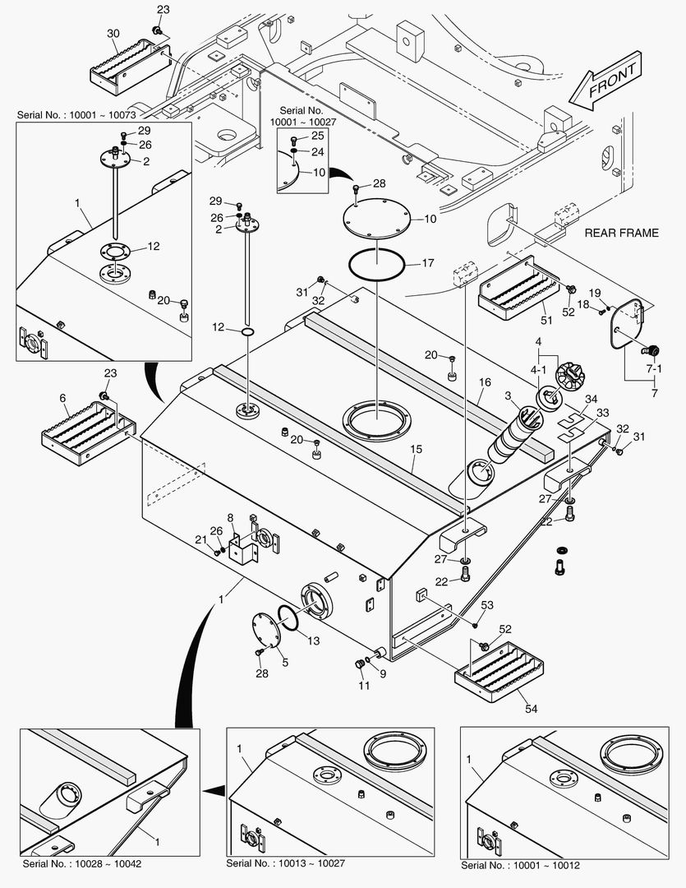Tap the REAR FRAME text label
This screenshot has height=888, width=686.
point(621,233)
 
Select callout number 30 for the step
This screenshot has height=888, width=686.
point(113,33)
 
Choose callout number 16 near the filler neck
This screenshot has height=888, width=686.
point(486,382)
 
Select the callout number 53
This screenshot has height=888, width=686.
point(487,605)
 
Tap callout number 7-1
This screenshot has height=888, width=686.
point(655,370)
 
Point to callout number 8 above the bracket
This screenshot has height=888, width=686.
point(231,518)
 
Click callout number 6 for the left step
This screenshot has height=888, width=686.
point(63,398)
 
